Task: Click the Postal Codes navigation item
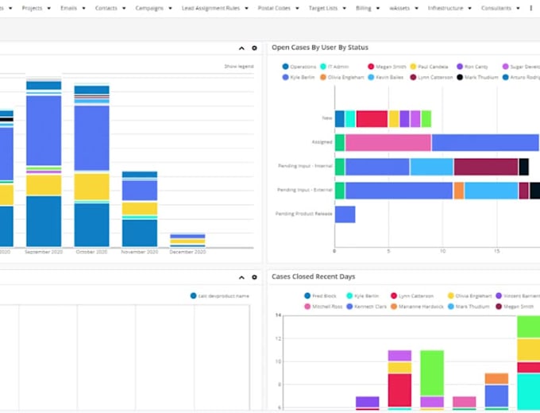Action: click(279, 8)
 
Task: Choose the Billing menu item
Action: click(363, 8)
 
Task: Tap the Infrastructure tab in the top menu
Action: click(445, 8)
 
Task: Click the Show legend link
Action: click(238, 66)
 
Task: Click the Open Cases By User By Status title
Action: click(319, 48)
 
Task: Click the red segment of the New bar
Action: click(372, 119)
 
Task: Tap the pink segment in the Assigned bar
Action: click(388, 143)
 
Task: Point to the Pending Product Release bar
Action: click(345, 214)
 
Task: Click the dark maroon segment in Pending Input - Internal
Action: click(485, 167)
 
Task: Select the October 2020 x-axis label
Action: click(91, 252)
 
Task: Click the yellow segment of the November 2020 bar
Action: click(139, 209)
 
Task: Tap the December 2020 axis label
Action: click(187, 252)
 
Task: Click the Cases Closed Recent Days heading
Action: click(313, 276)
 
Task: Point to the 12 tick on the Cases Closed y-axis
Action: click(279, 338)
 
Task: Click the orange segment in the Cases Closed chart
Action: click(496, 379)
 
